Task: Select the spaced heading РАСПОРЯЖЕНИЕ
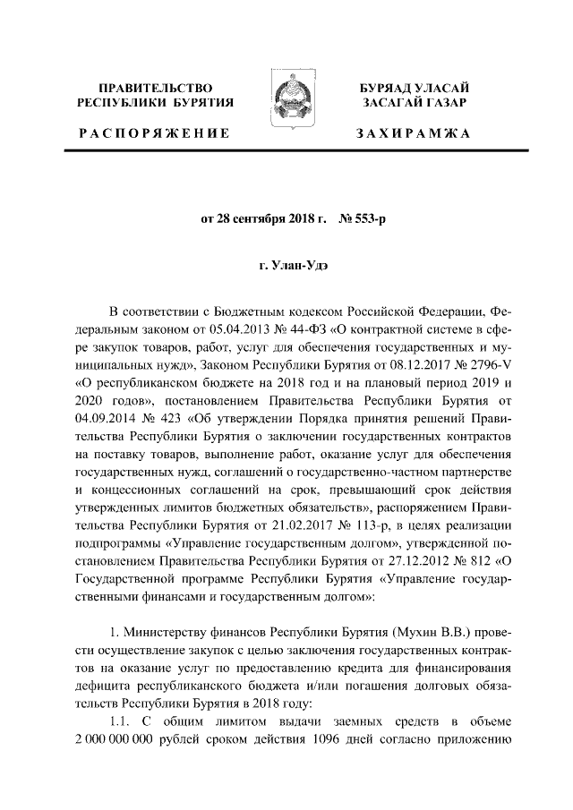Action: tap(154, 133)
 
